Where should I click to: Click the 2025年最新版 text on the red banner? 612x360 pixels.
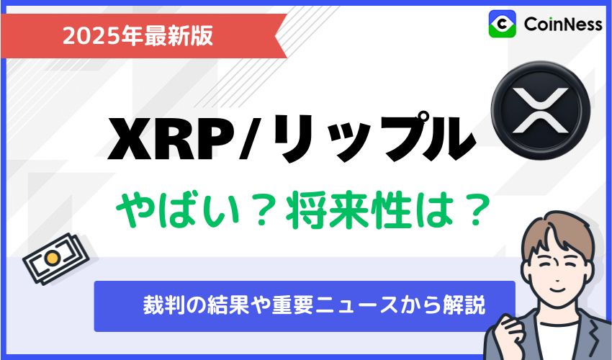138,35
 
